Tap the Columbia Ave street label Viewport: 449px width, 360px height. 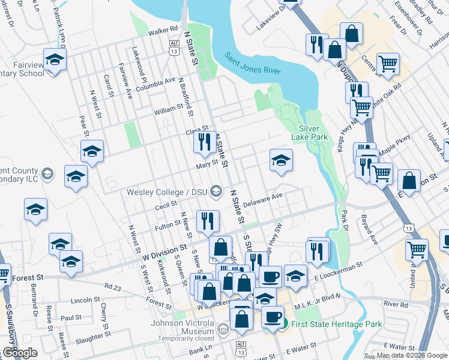pyautogui.click(x=155, y=79)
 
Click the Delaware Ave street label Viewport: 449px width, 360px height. pyautogui.click(x=262, y=197)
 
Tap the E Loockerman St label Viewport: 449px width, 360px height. pyautogui.click(x=339, y=267)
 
